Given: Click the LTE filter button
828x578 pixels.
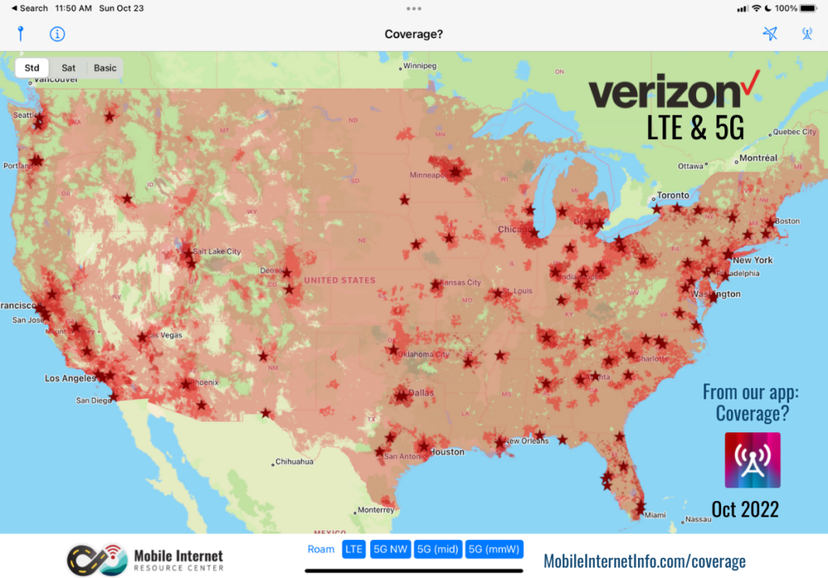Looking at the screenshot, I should pos(353,550).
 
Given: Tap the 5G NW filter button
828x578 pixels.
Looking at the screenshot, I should pos(390,550).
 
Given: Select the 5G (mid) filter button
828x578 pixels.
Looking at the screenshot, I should pos(437,550).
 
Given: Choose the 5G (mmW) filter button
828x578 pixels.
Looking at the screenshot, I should pos(494,550).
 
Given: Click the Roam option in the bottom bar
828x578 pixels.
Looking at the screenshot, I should pos(321,550).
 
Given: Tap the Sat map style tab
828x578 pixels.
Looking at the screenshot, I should pos(69,68).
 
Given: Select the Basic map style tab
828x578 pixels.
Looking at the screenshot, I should pos(105,68).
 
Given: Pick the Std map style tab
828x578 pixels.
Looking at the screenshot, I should pos(32,68).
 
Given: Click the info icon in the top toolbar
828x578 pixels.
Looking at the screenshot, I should pos(57,34).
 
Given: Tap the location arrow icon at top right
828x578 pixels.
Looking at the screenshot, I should pos(770,34).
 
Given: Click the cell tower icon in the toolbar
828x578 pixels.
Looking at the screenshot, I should pos(806,34).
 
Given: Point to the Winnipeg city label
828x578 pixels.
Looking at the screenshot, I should pos(420,65).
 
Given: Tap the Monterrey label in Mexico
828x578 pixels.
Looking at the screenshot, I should pos(375,510).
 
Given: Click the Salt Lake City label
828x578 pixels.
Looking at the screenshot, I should pos(218,252).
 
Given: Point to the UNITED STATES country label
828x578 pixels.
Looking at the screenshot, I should pos(340,281).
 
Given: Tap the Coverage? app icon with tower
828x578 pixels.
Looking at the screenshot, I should pos(752,460).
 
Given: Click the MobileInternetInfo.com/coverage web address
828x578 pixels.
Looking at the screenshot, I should pos(644,561).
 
